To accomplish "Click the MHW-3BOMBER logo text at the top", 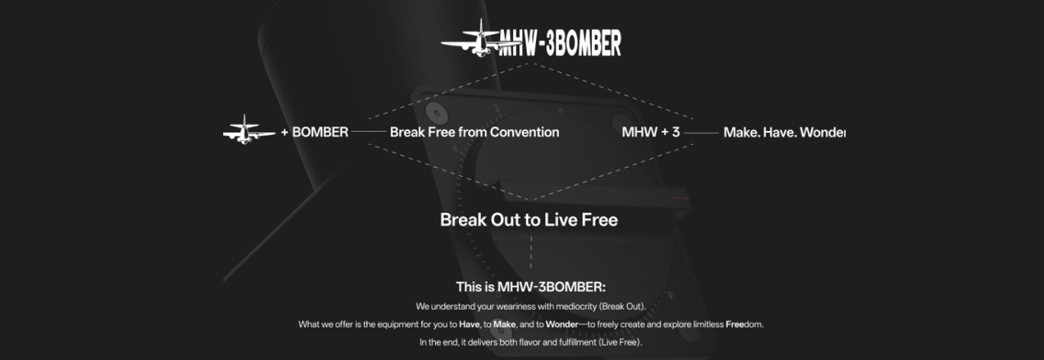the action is [x=560, y=43].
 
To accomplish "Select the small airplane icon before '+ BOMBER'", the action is [x=249, y=130].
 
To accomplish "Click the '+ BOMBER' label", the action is [x=315, y=132].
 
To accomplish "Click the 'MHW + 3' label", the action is [x=651, y=132].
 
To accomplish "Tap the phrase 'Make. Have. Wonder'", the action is [x=784, y=133].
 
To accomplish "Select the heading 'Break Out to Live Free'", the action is [x=529, y=220].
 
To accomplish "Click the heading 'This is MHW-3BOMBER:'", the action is [x=531, y=287].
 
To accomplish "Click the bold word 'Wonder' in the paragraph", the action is [x=562, y=324].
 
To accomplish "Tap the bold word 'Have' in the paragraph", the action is [x=469, y=324].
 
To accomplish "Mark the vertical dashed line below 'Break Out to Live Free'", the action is [x=531, y=252].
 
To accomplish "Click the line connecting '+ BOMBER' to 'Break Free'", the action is [x=369, y=132].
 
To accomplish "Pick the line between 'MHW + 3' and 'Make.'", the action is [x=702, y=133].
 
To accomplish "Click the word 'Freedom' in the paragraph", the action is [x=744, y=324].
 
